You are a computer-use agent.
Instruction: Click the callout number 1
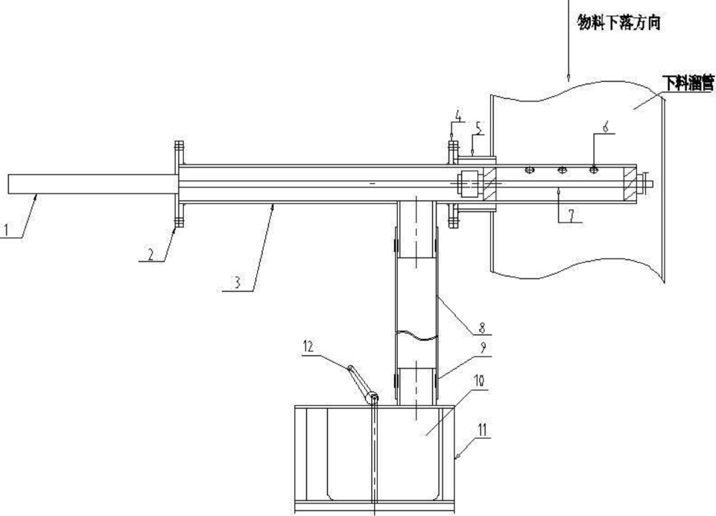7,229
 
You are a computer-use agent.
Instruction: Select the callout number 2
151,254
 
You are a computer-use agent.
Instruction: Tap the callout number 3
237,284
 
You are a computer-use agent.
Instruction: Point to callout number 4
459,115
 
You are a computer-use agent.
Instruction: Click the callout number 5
478,129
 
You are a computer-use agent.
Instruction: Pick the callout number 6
606,127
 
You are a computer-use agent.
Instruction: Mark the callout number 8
481,328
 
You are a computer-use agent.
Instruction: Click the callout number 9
483,348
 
